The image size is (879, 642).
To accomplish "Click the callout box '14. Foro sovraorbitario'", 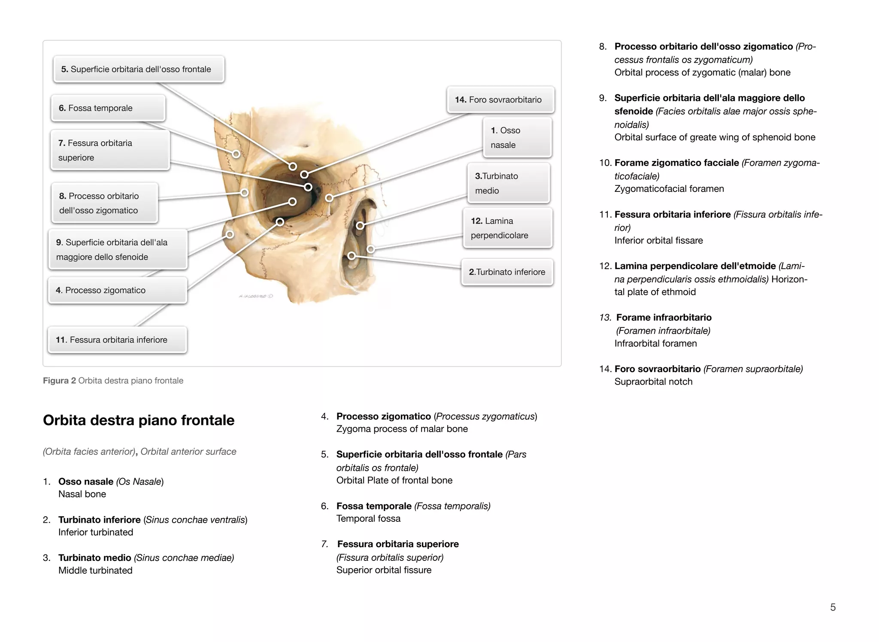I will (500, 100).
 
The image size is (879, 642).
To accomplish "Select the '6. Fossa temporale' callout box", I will (108, 108).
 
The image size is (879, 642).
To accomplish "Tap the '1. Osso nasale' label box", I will (517, 137).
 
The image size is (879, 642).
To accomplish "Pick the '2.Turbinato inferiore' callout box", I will (507, 272).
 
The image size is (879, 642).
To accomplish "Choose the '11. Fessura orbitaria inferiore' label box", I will (117, 340).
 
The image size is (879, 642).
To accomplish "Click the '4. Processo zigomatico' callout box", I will (117, 291).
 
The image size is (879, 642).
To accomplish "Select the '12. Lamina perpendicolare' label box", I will (507, 228).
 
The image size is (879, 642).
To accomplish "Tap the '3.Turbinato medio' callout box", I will (508, 183).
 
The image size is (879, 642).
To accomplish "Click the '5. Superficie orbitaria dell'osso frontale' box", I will (139, 69).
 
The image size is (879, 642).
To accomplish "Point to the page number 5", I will (833, 607).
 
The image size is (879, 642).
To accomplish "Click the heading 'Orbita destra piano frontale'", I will (139, 420).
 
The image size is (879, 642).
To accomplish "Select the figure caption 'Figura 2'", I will (59, 381).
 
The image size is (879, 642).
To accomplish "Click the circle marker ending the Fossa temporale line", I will (236, 154).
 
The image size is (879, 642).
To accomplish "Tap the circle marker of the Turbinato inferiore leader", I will (352, 256).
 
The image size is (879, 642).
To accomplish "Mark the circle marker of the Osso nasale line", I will (329, 198).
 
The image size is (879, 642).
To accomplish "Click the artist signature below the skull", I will (255, 296).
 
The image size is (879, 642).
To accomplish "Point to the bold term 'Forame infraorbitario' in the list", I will (664, 318).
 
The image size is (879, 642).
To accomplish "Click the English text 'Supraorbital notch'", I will (653, 382).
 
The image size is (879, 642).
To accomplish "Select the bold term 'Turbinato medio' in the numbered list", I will (95, 558).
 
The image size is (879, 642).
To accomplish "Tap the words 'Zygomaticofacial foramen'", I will (669, 189).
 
